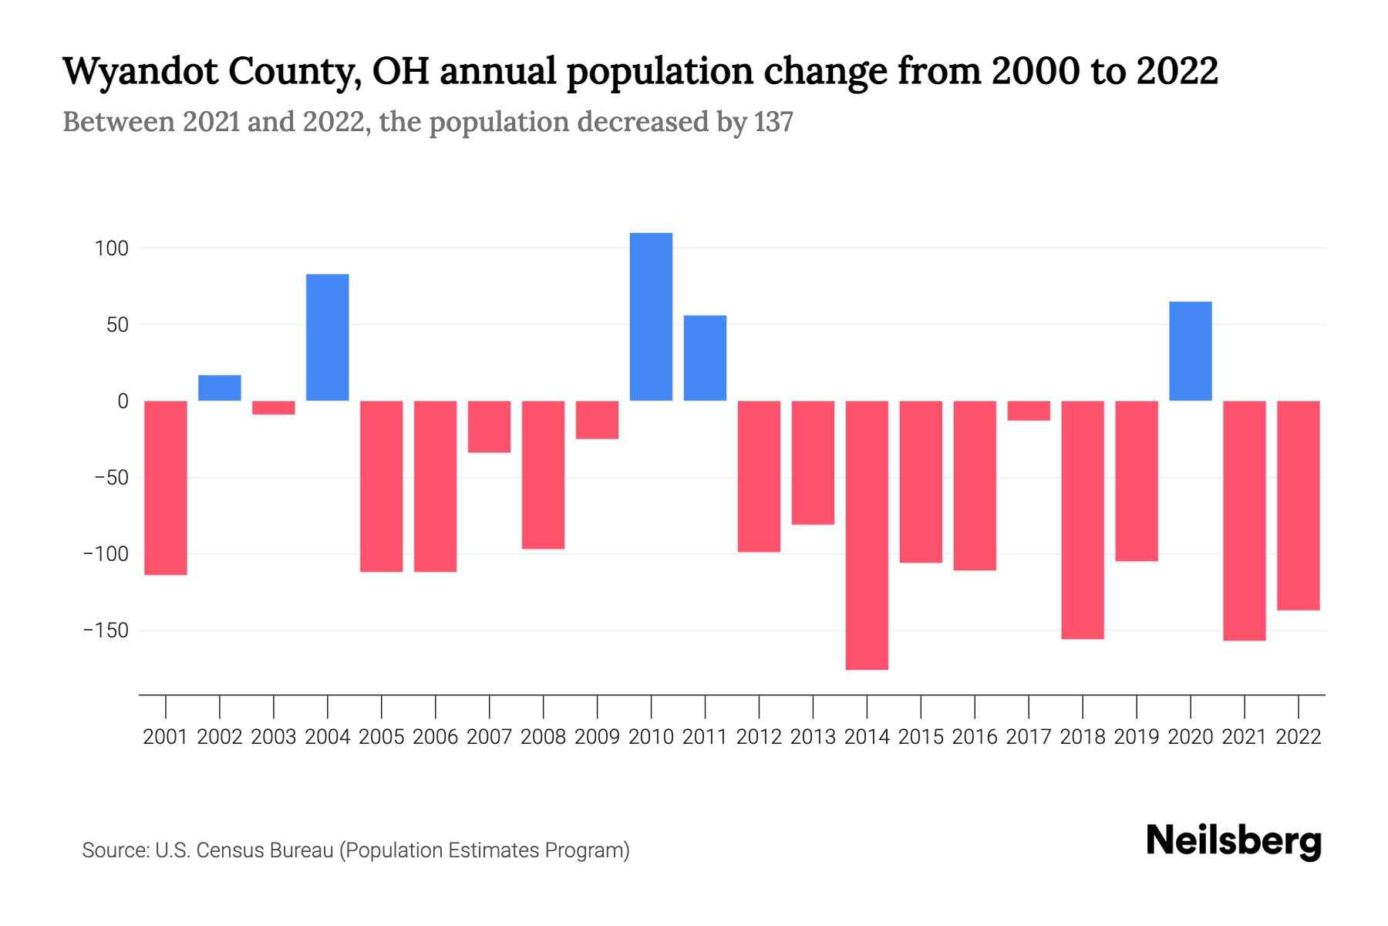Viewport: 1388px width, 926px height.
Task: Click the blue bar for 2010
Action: [x=651, y=316]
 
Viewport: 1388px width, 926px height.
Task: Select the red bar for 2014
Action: [x=867, y=535]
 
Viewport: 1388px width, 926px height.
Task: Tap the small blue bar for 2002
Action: [x=220, y=388]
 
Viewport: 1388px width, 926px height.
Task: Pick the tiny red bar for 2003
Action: [x=274, y=407]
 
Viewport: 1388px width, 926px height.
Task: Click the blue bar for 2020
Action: [x=1191, y=351]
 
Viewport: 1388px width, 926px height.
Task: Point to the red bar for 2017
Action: [x=1029, y=411]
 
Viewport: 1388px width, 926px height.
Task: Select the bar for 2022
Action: [x=1299, y=505]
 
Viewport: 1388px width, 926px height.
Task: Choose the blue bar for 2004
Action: [x=328, y=337]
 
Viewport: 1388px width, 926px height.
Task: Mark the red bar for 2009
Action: [x=597, y=420]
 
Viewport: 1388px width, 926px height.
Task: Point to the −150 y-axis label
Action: [x=106, y=630]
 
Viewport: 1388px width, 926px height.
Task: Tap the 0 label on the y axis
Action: [x=123, y=401]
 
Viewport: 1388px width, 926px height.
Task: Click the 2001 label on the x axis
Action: [x=166, y=737]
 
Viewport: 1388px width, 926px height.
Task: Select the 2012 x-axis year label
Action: [x=759, y=737]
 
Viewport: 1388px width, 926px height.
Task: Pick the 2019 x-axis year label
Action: [x=1137, y=737]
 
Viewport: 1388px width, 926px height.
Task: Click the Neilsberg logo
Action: [x=1234, y=841]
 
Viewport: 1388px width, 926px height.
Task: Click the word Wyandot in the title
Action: [x=136, y=72]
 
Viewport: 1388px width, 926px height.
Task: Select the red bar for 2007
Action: [x=489, y=427]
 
